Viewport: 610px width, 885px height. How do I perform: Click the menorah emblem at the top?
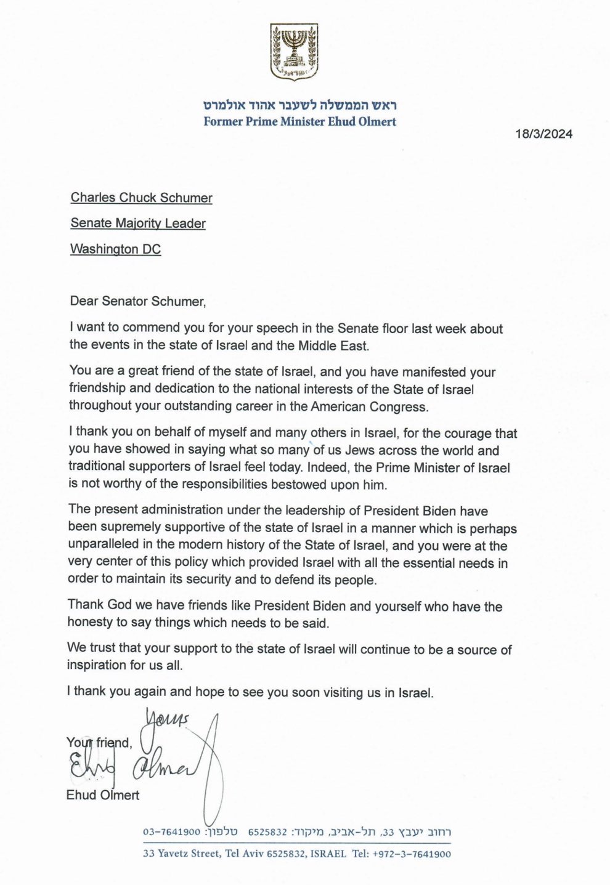[x=294, y=52]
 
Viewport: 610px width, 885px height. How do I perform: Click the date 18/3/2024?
[x=544, y=134]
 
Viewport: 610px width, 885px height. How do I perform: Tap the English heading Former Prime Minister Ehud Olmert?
[x=300, y=121]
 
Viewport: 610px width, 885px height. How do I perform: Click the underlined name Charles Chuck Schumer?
[x=141, y=198]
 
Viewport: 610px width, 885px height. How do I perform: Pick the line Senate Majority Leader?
[x=138, y=224]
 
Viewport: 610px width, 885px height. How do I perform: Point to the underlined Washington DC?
[x=115, y=249]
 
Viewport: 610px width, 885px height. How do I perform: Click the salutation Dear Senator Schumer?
[x=137, y=301]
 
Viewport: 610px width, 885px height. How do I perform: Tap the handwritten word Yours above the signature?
[x=166, y=719]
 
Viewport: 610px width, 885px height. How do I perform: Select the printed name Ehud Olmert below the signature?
[x=103, y=795]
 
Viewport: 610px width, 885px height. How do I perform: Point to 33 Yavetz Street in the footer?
[x=181, y=854]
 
